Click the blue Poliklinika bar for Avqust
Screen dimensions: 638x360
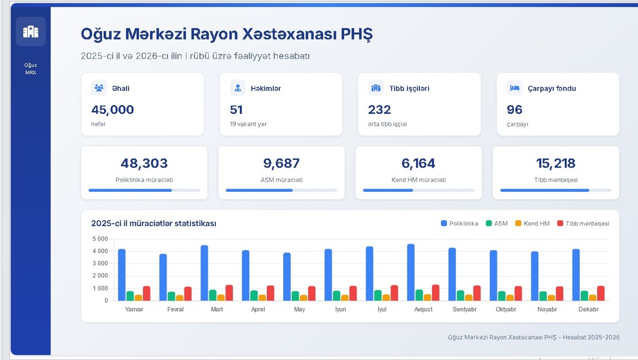411,272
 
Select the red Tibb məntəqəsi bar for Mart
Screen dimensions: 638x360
229,293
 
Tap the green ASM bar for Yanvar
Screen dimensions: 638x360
130,295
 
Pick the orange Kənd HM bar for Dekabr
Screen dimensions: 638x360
593,298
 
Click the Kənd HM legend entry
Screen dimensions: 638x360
532,223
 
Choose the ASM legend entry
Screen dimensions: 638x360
497,223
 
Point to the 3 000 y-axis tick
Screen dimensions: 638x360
100,263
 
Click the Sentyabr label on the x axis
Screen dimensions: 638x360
464,309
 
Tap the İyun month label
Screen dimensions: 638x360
341,309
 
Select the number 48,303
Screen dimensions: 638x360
144,163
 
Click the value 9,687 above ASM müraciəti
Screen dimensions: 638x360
282,163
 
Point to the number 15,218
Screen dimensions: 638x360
556,163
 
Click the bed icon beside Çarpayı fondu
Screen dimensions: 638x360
515,88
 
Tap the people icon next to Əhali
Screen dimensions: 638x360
99,88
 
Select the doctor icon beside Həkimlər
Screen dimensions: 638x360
238,88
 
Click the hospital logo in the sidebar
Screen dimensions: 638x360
30,31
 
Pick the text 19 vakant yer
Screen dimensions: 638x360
248,124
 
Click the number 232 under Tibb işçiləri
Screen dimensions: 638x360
379,110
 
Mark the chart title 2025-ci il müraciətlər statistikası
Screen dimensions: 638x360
154,223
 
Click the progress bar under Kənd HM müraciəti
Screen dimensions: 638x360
419,190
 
